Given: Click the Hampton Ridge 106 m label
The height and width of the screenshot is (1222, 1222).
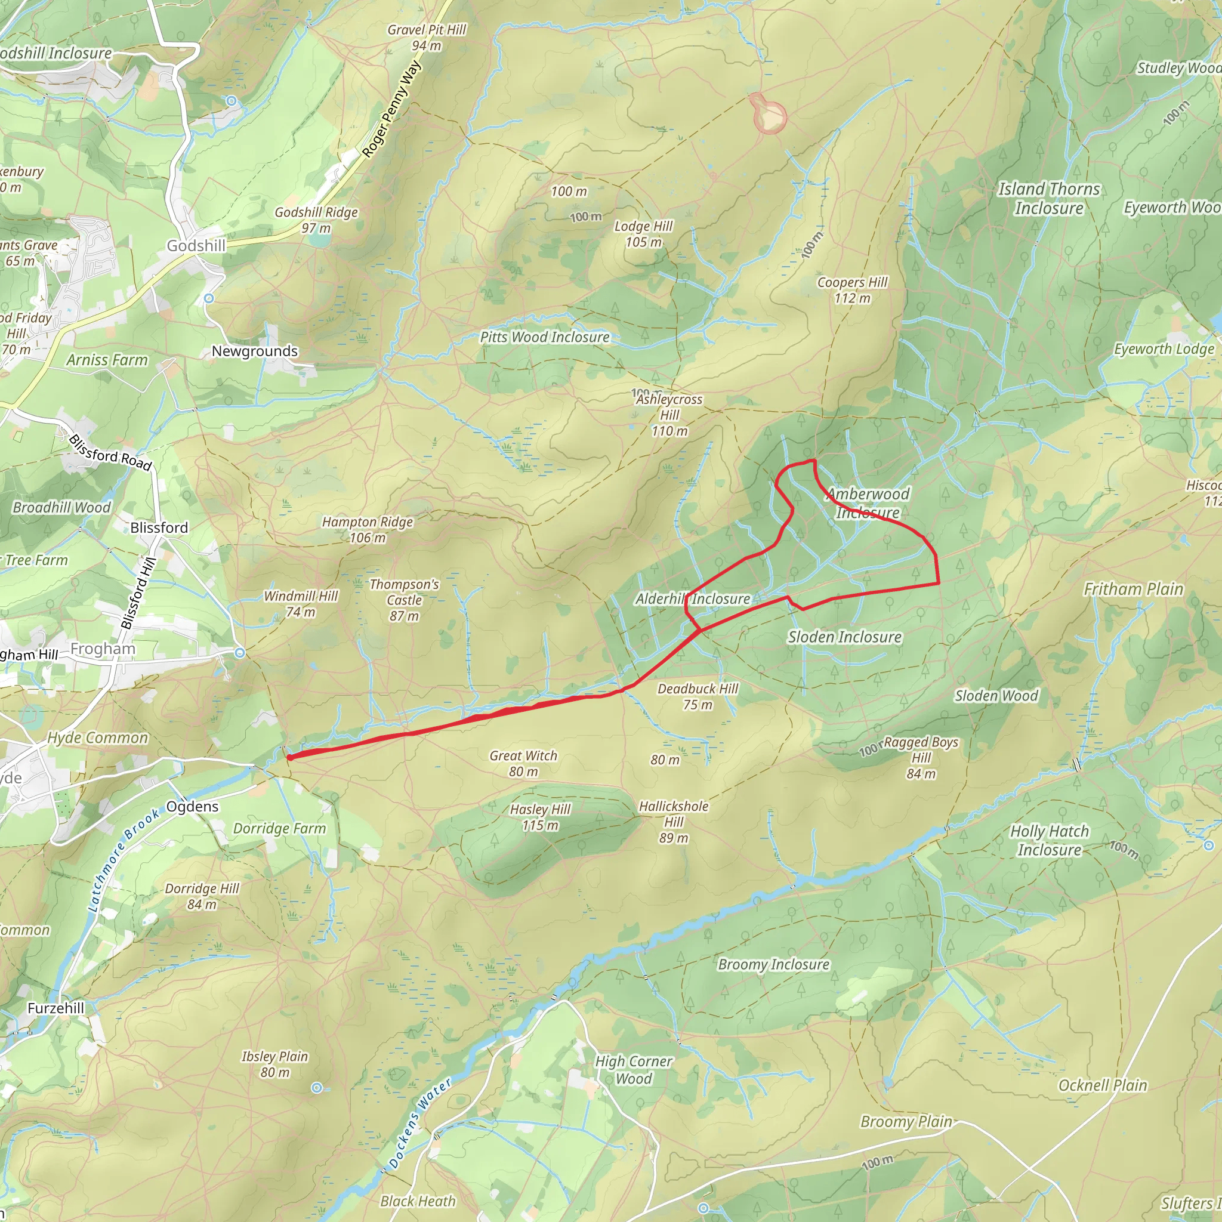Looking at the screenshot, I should click(x=367, y=529).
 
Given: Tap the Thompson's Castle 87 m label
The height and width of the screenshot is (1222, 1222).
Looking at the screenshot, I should click(x=403, y=600).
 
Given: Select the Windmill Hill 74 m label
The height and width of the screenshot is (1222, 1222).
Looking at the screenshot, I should click(x=301, y=603).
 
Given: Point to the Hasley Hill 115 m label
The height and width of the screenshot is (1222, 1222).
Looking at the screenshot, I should click(x=540, y=817).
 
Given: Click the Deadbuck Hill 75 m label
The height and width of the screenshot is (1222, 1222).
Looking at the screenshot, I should click(x=698, y=696).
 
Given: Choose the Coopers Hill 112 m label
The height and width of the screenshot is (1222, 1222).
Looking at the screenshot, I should click(x=852, y=289).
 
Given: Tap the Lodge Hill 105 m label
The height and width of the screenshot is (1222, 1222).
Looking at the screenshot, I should click(x=643, y=233).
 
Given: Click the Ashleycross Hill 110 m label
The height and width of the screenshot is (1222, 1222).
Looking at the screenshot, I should click(x=669, y=415).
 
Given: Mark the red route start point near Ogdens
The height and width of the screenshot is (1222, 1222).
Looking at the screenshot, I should click(x=289, y=757).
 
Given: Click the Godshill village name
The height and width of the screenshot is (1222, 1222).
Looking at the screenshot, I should click(x=196, y=245).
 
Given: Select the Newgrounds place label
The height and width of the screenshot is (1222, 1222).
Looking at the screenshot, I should click(x=254, y=351).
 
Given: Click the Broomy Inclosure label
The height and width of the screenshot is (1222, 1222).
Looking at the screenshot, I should click(x=773, y=964).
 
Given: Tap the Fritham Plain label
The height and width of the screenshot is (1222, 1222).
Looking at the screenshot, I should click(x=1133, y=589).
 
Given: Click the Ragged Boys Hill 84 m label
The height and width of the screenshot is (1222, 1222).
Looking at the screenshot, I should click(x=920, y=757).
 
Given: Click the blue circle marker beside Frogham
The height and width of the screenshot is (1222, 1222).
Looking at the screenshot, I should click(x=240, y=653).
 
